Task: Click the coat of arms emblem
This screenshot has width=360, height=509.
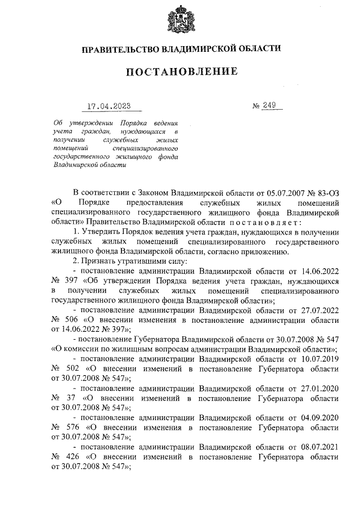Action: (180, 20)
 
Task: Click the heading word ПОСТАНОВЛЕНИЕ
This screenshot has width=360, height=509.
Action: (180, 72)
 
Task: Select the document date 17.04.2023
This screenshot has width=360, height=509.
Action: (111, 106)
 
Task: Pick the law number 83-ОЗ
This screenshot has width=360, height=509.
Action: (327, 193)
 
